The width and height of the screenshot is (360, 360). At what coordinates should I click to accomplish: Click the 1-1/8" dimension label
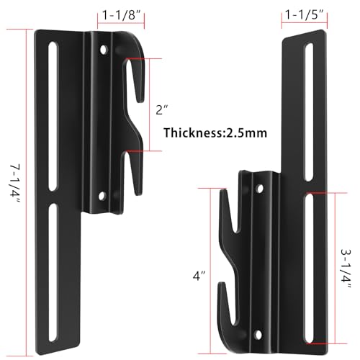coord(117,15)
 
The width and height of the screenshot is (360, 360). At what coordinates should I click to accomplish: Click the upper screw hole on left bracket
coord(105,51)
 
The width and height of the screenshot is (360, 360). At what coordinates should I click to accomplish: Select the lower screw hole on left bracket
coord(105,193)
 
